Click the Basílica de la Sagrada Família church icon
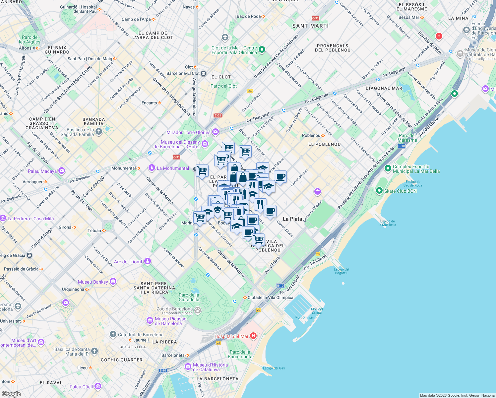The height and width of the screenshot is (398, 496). [x=99, y=132]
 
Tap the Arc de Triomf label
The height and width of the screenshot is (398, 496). [x=128, y=262]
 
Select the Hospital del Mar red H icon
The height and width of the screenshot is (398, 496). [x=253, y=336]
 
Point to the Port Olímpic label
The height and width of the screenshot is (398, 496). [x=304, y=317]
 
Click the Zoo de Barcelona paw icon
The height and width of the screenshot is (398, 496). [x=198, y=311]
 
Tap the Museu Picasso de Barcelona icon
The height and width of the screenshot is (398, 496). [x=150, y=321]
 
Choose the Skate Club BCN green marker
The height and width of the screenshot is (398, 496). [x=379, y=191]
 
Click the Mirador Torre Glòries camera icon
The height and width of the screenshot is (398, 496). [x=216, y=132]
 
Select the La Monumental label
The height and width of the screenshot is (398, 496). [x=173, y=168]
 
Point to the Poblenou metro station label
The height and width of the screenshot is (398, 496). [x=311, y=135]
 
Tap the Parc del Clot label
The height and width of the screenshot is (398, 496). [x=223, y=86]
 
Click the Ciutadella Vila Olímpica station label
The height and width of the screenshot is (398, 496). [x=270, y=298]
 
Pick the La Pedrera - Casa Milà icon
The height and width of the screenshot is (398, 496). [x=3, y=218]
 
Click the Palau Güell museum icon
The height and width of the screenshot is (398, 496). [x=97, y=386]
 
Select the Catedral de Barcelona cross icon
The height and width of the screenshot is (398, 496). [x=113, y=334]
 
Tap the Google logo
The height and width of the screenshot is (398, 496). [x=11, y=394]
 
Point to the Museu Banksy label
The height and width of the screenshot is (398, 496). [x=93, y=282]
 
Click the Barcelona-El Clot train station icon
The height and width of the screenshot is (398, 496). [x=204, y=73]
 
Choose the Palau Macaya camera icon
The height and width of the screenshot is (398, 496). [x=61, y=171]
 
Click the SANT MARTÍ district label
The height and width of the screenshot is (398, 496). [x=310, y=26]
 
